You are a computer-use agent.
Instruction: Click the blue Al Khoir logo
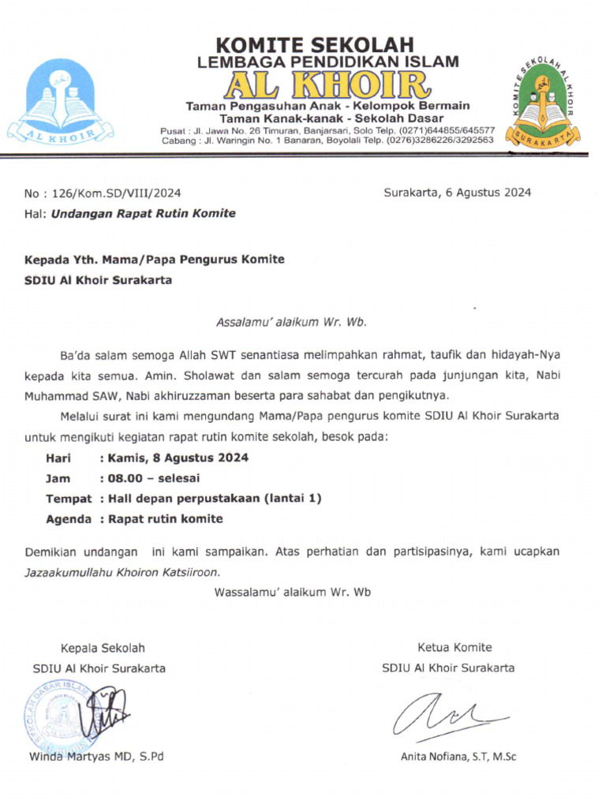tap(61, 102)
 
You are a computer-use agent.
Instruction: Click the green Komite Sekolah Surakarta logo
tap(543, 102)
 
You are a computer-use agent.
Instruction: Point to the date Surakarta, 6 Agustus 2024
tap(457, 193)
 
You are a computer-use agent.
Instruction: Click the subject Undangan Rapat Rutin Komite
tap(143, 213)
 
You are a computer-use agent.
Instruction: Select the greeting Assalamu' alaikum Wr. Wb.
tap(292, 322)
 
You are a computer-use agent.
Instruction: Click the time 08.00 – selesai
tap(150, 478)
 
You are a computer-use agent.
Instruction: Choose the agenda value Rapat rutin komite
tap(162, 519)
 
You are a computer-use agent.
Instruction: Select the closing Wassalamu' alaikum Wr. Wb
tap(292, 592)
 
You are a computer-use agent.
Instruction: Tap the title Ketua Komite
tap(454, 648)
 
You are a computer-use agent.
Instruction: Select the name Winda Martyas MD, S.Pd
tap(96, 757)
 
